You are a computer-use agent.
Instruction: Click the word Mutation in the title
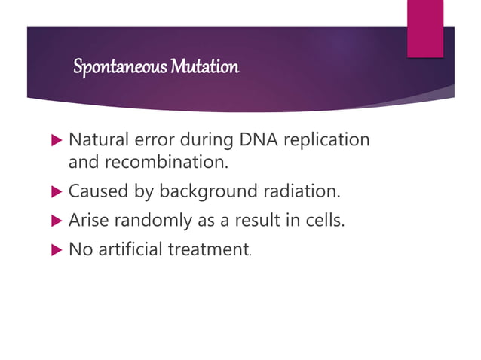point(204,67)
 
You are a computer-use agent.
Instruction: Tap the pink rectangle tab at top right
point(425,28)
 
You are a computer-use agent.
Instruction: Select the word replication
point(320,141)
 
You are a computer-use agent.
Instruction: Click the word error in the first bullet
point(148,141)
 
